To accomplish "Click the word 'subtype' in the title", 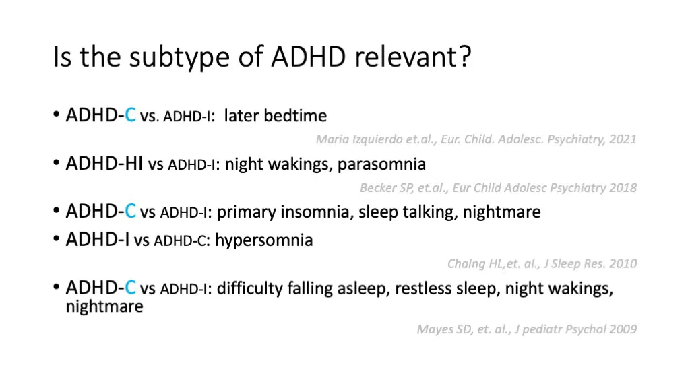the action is tap(179, 58).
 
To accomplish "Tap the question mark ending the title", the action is tap(464, 56).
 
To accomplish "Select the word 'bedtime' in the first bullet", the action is tap(295, 115).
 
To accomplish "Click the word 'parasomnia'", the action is tap(381, 164).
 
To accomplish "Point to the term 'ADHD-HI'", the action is tap(104, 164).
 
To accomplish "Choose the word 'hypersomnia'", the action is tap(264, 240).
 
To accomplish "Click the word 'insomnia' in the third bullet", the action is tap(317, 212).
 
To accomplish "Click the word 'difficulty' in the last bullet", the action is tap(249, 288).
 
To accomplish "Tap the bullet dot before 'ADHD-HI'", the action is tap(57, 163).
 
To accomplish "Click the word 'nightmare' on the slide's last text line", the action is tap(104, 306).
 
